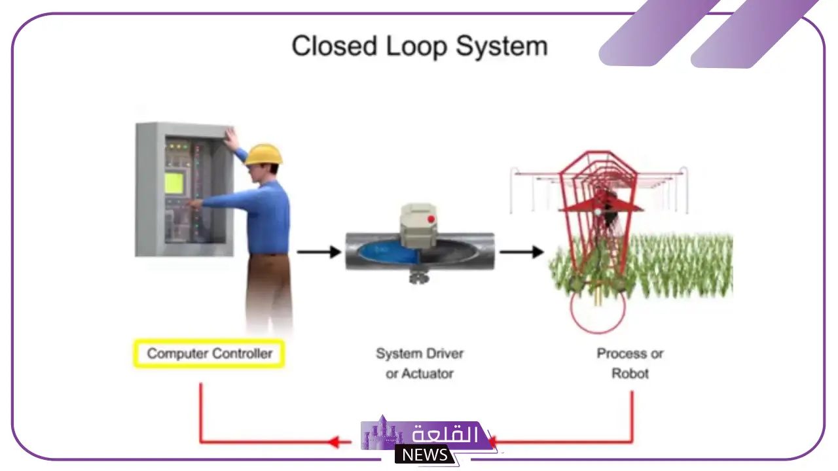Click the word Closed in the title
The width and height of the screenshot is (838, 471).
(334, 46)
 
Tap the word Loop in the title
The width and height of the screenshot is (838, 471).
(416, 48)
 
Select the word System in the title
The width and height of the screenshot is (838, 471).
(502, 48)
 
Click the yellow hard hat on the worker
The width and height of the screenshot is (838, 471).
(263, 154)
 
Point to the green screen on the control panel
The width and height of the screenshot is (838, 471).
(174, 183)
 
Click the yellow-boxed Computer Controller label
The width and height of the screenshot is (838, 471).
(209, 353)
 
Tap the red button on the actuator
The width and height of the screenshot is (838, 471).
(431, 219)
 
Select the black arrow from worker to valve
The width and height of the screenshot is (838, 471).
(319, 252)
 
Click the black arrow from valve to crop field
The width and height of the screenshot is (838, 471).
(522, 252)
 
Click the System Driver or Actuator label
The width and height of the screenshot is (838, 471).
(420, 363)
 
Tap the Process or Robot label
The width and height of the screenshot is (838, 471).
(630, 363)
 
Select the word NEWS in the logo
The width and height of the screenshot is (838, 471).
(425, 455)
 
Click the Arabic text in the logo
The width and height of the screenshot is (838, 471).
(445, 434)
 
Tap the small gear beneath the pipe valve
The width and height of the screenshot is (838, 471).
(418, 277)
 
